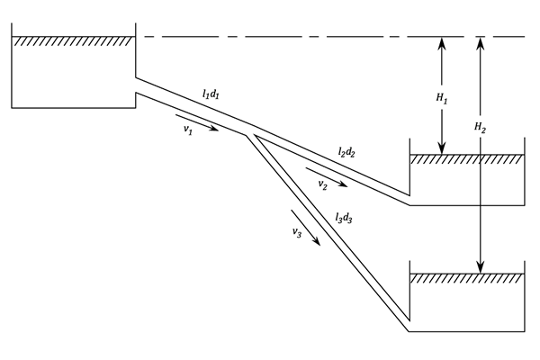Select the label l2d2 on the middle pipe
point(347,154)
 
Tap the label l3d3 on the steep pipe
point(344,217)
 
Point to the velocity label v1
point(188,130)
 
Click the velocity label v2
point(322,184)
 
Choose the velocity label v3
point(297,232)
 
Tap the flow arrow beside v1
point(197,121)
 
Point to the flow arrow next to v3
point(306,225)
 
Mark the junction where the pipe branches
point(252,131)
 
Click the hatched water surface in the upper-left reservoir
point(72,40)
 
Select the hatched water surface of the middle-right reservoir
point(466,158)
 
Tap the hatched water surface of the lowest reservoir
point(466,278)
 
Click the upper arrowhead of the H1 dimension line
point(442,41)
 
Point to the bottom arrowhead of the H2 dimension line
point(481,268)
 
